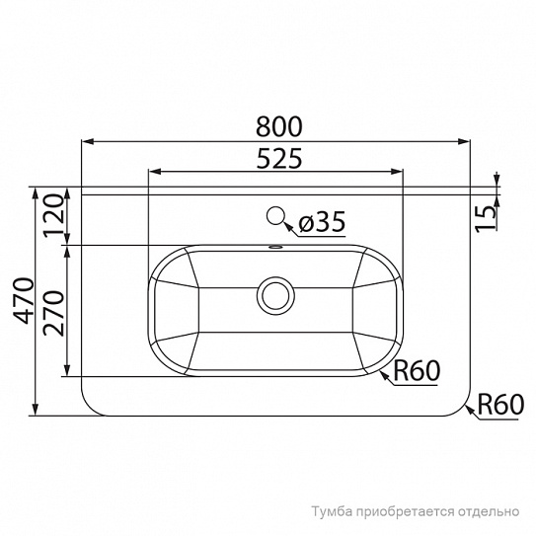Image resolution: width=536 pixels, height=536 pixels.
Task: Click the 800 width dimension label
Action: pyautogui.click(x=279, y=126)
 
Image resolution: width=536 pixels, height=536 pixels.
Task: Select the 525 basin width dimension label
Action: pyautogui.click(x=279, y=158)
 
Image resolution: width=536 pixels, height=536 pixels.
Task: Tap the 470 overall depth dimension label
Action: pyautogui.click(x=25, y=301)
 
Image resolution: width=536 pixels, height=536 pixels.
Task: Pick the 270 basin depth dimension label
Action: pyautogui.click(x=54, y=314)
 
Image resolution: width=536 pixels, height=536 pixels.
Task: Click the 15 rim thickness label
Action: pyautogui.click(x=486, y=219)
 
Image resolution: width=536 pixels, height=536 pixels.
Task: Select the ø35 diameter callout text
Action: pyautogui.click(x=322, y=221)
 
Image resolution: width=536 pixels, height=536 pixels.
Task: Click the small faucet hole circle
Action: pyautogui.click(x=275, y=216)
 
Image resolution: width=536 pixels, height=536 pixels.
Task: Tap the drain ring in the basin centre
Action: pyautogui.click(x=275, y=296)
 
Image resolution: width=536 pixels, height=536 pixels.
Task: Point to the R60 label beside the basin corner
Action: pyautogui.click(x=417, y=371)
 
